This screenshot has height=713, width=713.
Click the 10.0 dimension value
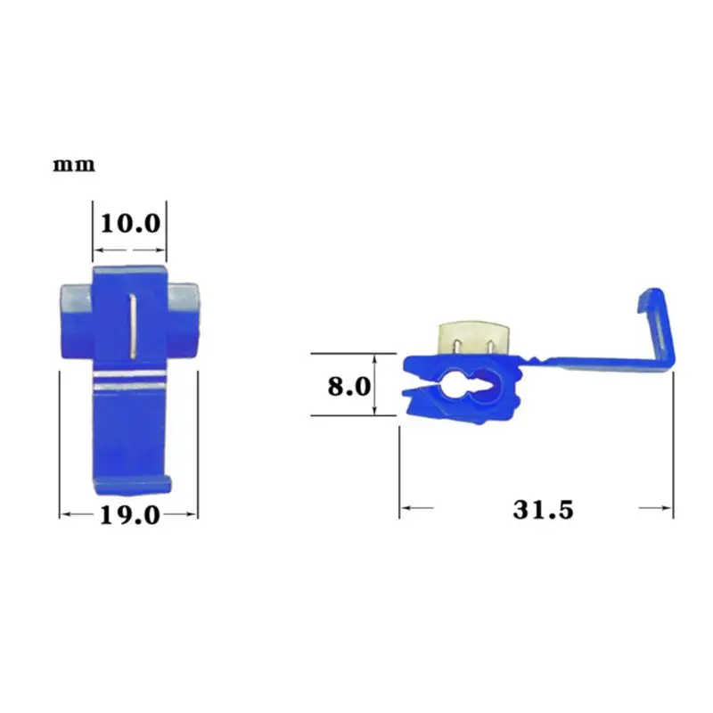pyautogui.click(x=130, y=224)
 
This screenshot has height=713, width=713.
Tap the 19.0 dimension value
pyautogui.click(x=130, y=515)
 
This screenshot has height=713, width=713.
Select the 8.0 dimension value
pyautogui.click(x=349, y=387)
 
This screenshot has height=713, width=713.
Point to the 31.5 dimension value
pyautogui.click(x=543, y=509)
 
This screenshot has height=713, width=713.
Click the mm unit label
pyautogui.click(x=74, y=165)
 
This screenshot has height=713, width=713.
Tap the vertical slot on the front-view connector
pyautogui.click(x=133, y=325)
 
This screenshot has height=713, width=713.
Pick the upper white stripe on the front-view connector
pyautogui.click(x=129, y=374)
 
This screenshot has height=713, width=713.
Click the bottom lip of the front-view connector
pyautogui.click(x=133, y=485)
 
